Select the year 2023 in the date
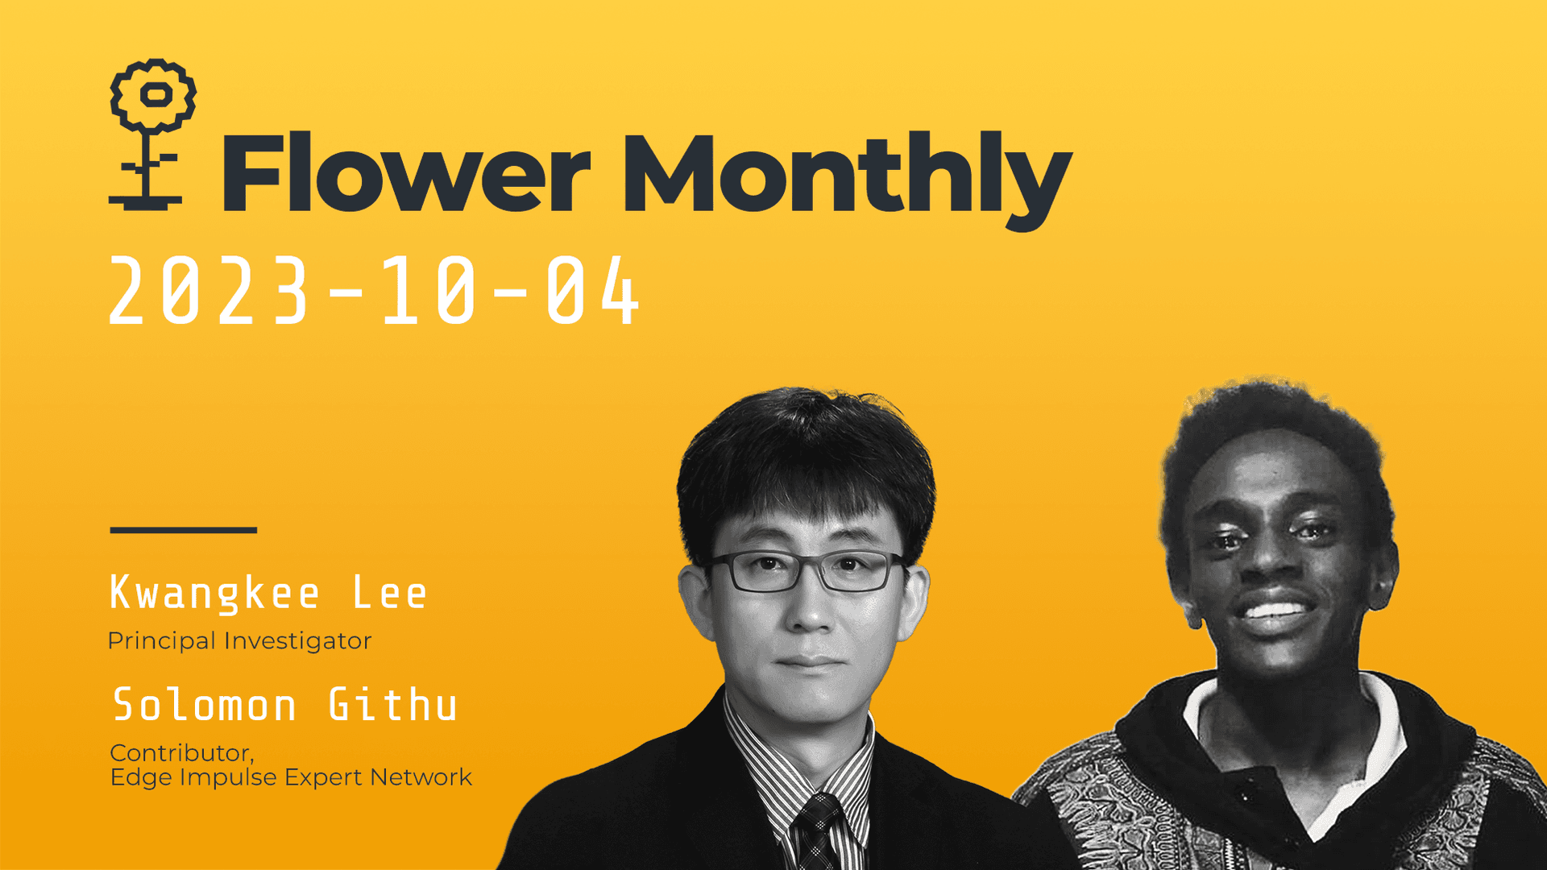209,292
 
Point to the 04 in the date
592,292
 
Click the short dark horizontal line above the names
184,530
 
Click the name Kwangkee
214,594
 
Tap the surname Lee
390,594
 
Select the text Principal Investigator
239,641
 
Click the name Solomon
205,706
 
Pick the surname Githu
393,706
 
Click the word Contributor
181,753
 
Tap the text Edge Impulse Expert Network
291,777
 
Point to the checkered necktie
817,830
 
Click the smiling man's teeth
1274,610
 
